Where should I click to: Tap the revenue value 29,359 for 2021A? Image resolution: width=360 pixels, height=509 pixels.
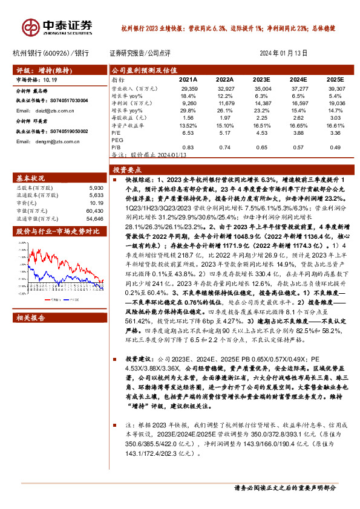pos(189,88)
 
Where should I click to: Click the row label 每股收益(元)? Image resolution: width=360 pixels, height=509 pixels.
pos(129,118)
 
